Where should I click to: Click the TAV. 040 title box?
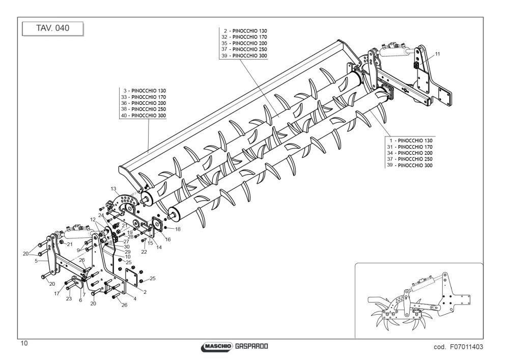pos(52,29)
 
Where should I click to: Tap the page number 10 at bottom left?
pos(24,343)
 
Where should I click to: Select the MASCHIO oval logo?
pos(217,346)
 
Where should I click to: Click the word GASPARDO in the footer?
pos(251,346)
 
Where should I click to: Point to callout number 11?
pos(437,54)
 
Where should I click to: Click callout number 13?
pos(114,188)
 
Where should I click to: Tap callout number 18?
pos(178,229)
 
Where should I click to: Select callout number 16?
pos(167,239)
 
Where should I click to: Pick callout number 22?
pos(144,252)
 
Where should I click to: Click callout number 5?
pos(36,261)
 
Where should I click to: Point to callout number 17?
pos(57,293)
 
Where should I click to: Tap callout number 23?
pos(69,299)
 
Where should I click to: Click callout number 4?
pos(135,299)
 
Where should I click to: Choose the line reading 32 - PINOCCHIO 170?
pos(244,37)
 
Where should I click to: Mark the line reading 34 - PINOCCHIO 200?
pos(410,153)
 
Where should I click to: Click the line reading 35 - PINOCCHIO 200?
pos(244,43)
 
